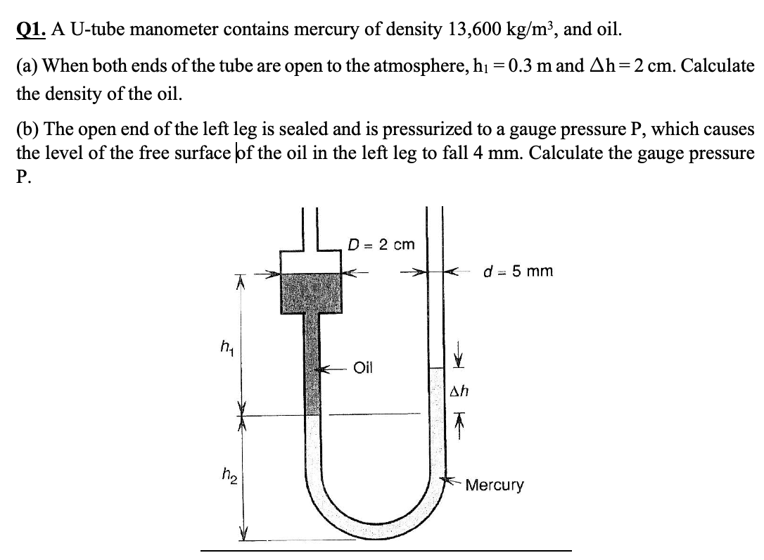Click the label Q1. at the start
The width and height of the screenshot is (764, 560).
click(30, 30)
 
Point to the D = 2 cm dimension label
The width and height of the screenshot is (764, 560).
click(381, 245)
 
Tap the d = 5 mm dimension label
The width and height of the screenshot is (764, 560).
click(519, 270)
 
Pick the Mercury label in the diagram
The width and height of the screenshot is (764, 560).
click(495, 485)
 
